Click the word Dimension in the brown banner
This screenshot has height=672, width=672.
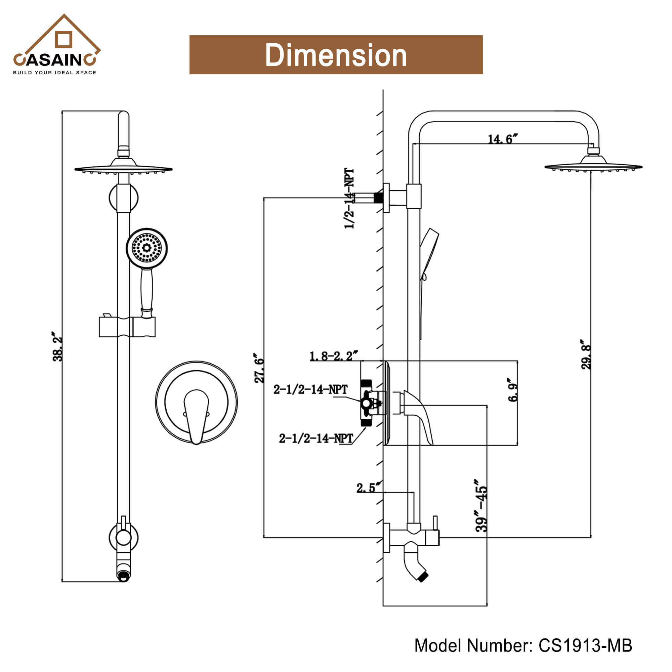click(x=336, y=55)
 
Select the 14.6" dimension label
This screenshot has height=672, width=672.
click(x=502, y=139)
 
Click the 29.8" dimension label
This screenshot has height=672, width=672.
click(x=586, y=355)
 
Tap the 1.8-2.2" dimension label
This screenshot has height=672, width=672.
click(x=333, y=356)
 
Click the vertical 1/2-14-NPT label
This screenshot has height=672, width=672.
click(x=349, y=199)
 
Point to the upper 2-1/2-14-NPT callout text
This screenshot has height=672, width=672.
click(x=310, y=389)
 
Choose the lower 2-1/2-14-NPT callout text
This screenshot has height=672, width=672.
click(x=316, y=438)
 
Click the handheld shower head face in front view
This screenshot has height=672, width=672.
click(x=147, y=248)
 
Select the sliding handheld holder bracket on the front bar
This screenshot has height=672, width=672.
click(x=127, y=327)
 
